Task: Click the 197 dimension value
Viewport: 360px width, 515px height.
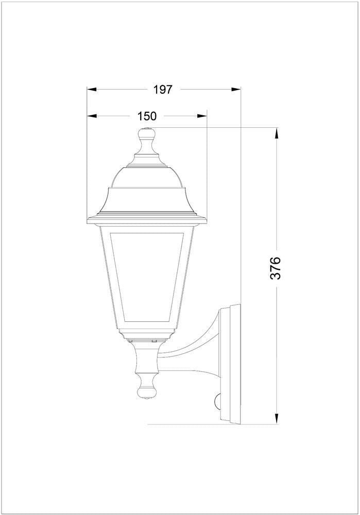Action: [163, 89]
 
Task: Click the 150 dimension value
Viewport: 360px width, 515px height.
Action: [147, 116]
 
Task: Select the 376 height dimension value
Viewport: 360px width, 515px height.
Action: [275, 268]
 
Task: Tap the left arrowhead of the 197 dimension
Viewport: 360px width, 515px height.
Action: [92, 89]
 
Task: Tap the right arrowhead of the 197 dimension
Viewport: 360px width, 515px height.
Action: [236, 89]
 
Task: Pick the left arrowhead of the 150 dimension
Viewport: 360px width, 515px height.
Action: [92, 116]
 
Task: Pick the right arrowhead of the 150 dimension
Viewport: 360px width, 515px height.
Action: [202, 116]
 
